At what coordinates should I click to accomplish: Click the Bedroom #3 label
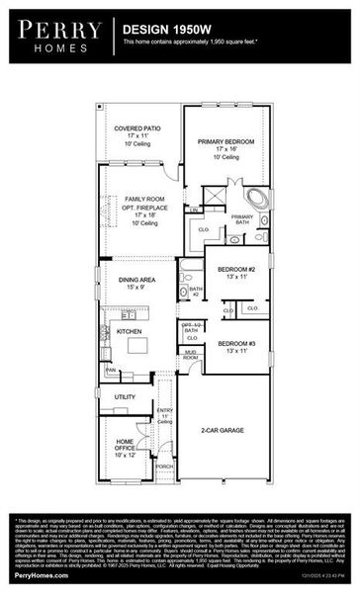click(x=236, y=346)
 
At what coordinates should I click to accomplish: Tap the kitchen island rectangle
click(x=135, y=346)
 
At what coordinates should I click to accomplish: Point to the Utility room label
click(x=125, y=396)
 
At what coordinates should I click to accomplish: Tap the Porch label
click(x=164, y=466)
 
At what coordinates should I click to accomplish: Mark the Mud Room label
click(x=191, y=359)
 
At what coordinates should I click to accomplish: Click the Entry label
click(x=165, y=413)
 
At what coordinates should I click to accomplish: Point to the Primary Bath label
click(x=241, y=219)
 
